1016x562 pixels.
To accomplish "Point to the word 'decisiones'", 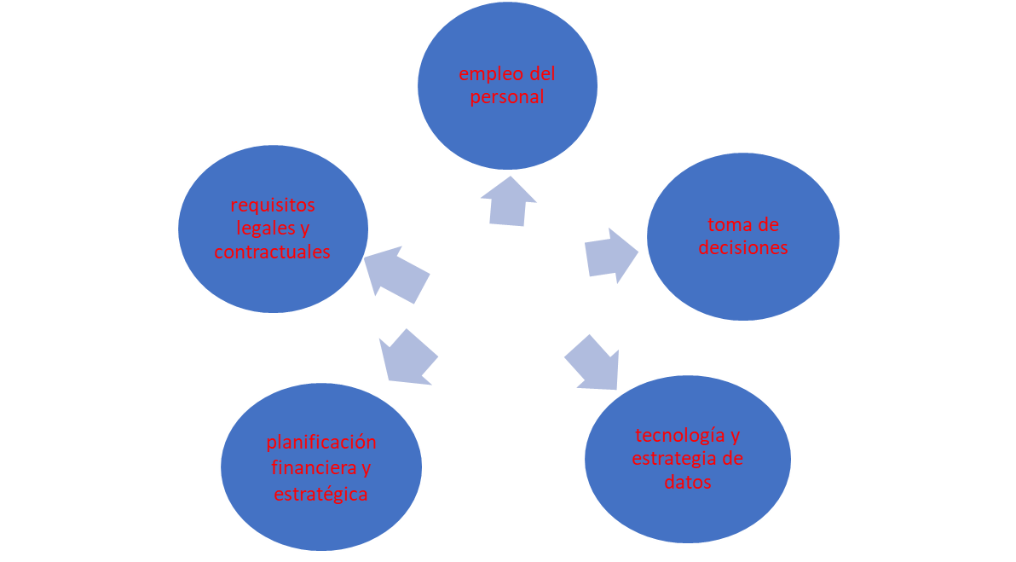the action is pyautogui.click(x=743, y=247).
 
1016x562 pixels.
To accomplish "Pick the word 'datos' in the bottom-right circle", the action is pyautogui.click(x=688, y=483).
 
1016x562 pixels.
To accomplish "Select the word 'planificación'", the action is pyautogui.click(x=321, y=443).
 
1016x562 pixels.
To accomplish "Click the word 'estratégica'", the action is pyautogui.click(x=320, y=495).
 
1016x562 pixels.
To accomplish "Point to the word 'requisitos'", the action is pyautogui.click(x=273, y=206).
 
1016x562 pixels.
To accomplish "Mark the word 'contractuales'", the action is pyautogui.click(x=272, y=252).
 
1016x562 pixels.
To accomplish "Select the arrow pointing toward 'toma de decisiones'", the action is pyautogui.click(x=610, y=255).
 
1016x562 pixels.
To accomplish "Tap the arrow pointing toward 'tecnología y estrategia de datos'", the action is pyautogui.click(x=593, y=363).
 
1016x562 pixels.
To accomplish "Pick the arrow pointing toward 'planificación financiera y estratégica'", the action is pyautogui.click(x=408, y=357).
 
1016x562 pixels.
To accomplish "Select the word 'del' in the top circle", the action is pyautogui.click(x=542, y=74).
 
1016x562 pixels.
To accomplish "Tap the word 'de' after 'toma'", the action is pyautogui.click(x=768, y=225).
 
